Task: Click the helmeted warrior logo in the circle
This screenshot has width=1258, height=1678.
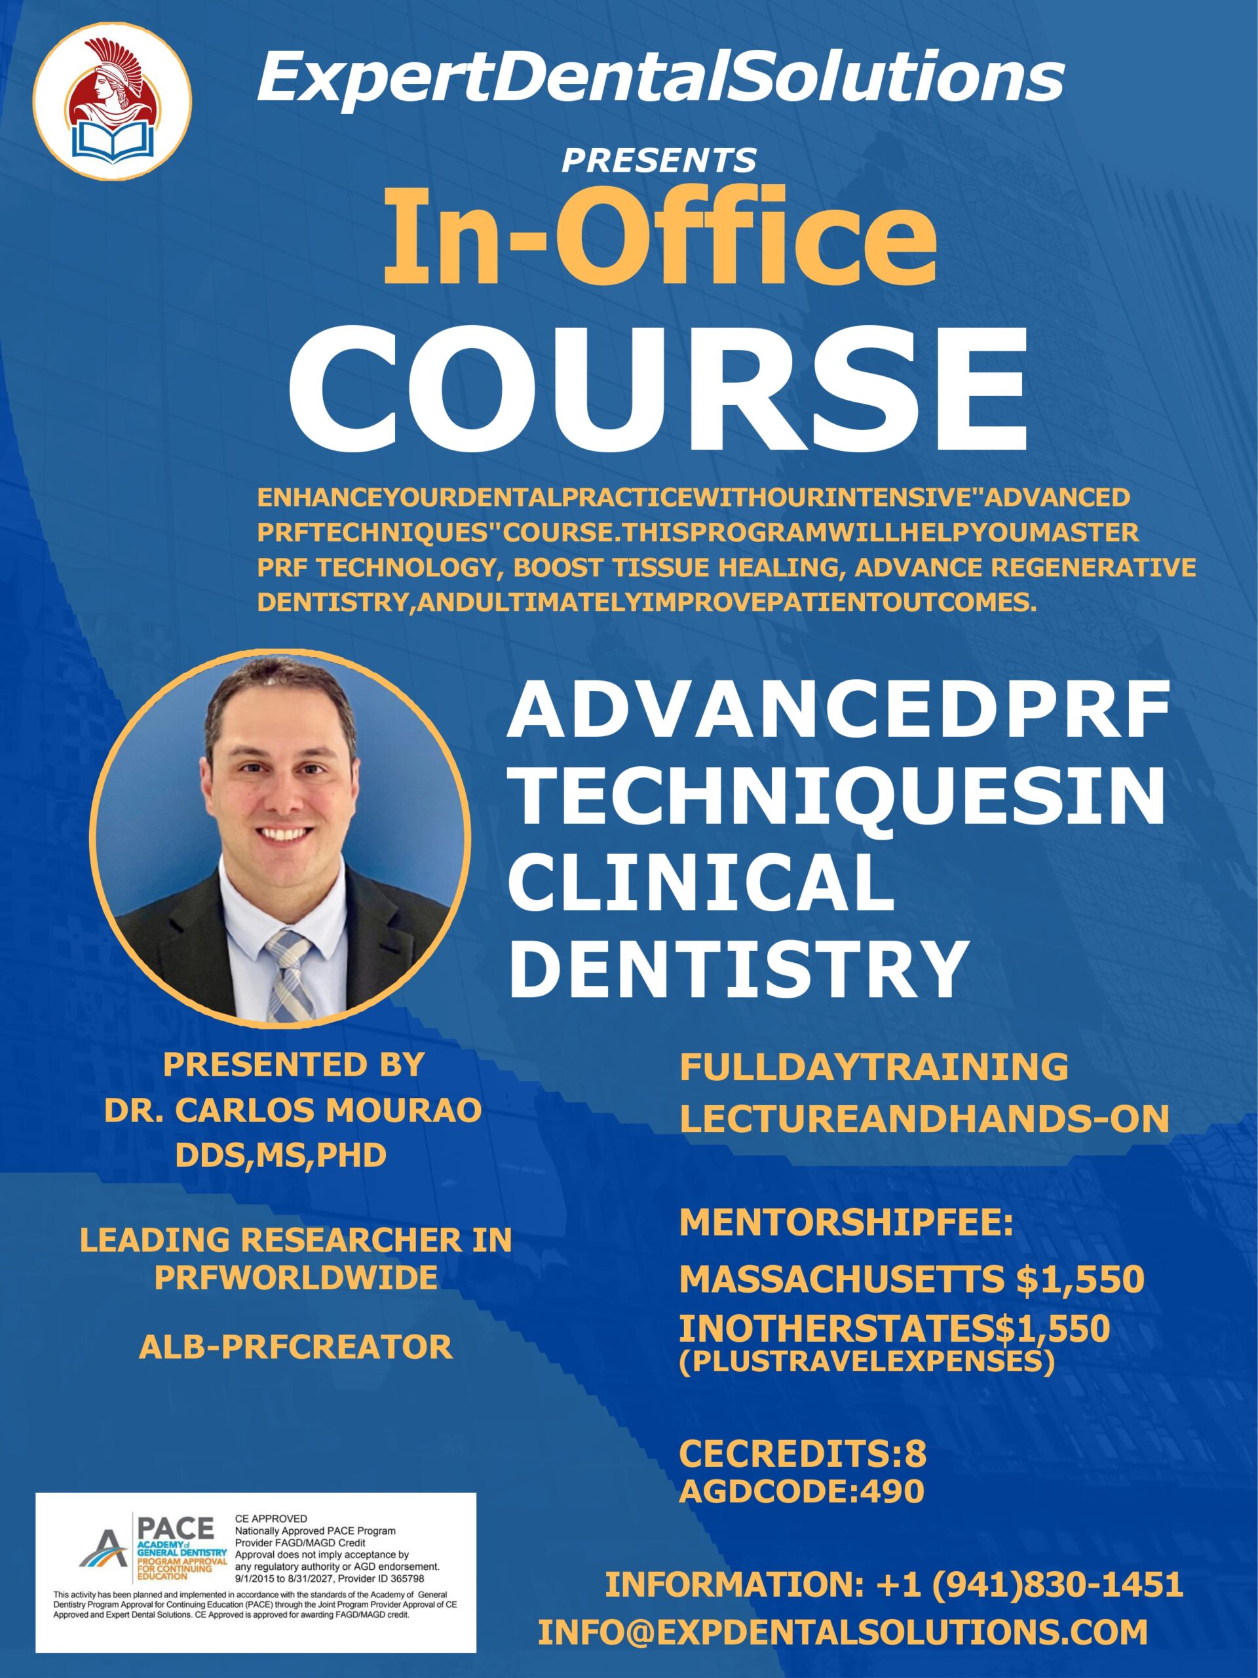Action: [112, 100]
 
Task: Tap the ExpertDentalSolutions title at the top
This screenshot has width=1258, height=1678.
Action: [660, 79]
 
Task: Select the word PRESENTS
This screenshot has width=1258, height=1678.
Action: [659, 159]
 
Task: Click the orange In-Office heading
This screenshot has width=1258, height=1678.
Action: [659, 235]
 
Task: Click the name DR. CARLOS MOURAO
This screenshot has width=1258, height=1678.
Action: [293, 1110]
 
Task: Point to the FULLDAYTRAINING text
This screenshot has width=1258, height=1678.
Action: [873, 1066]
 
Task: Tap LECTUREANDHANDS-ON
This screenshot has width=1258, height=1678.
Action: [924, 1119]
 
